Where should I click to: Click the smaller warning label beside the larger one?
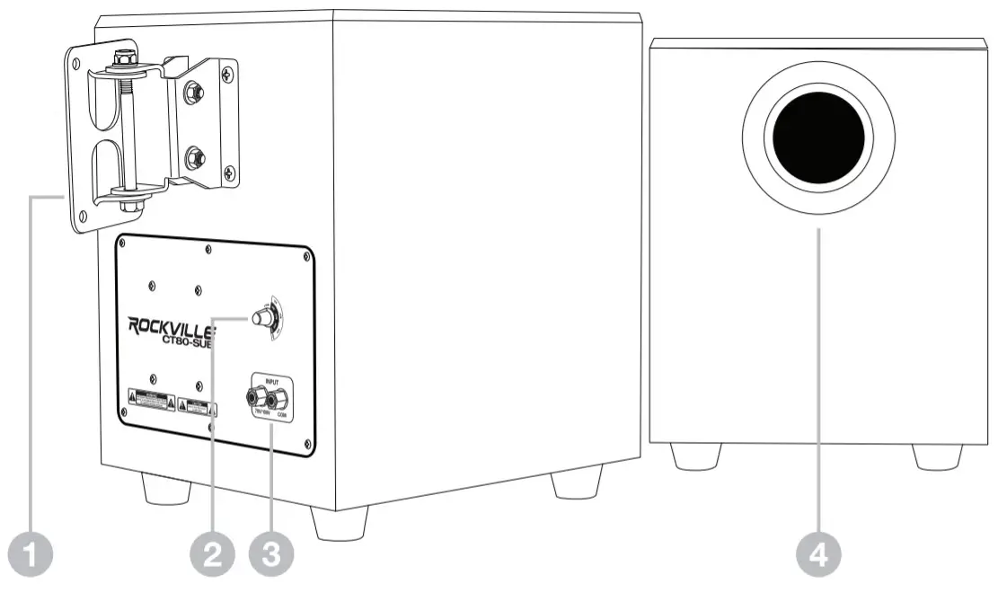pyautogui.click(x=196, y=404)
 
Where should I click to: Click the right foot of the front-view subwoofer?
pyautogui.click(x=937, y=456)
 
